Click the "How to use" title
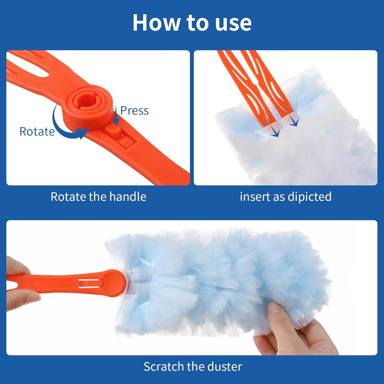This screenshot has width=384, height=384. (192, 23)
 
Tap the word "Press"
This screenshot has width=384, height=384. (134, 111)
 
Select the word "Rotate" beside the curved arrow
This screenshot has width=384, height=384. (37, 132)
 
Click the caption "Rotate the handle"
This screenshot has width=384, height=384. (98, 197)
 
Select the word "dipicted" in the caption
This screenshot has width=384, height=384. (310, 197)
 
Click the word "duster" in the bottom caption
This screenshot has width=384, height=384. (225, 367)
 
